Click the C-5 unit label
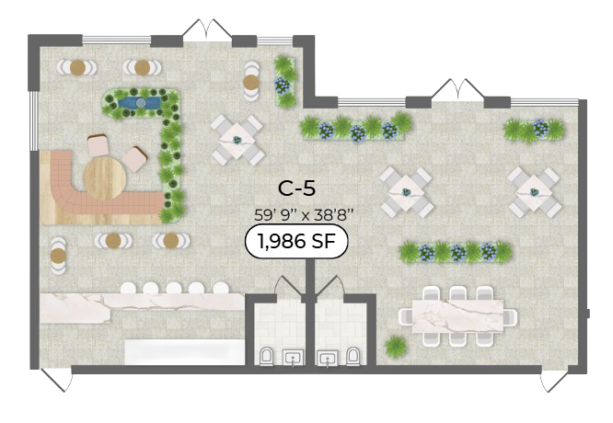coord(296,189)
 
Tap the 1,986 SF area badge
coord(296,242)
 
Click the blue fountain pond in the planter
coord(139,103)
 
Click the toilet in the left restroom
coord(267,356)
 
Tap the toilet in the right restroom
coord(353,356)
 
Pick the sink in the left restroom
coord(294,358)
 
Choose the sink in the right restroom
coord(328,358)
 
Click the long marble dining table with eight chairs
coord(457,316)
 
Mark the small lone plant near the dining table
coord(396,346)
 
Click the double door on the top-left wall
coord(208,29)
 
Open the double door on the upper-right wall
coord(457,90)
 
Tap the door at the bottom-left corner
coord(57,378)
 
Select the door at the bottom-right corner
coord(554,378)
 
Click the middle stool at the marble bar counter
coord(174,289)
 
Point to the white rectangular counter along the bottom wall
coord(184,352)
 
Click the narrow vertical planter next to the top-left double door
coord(285,81)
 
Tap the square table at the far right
coord(534,192)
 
